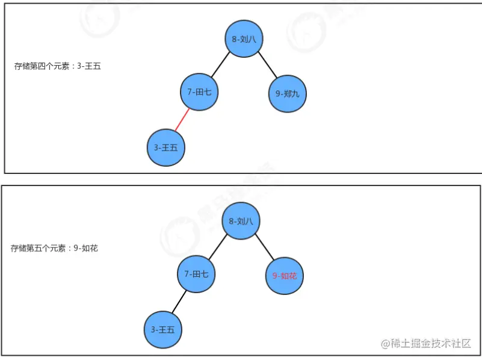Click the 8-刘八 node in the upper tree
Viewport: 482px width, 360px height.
pyautogui.click(x=244, y=39)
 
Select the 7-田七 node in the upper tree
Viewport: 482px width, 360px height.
pyautogui.click(x=199, y=92)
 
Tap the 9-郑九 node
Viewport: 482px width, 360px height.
pyautogui.click(x=287, y=93)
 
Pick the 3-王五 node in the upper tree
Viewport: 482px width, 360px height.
pyautogui.click(x=165, y=147)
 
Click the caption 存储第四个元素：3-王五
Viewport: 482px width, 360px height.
pyautogui.click(x=58, y=66)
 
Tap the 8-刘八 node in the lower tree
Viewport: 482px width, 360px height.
pyautogui.click(x=241, y=221)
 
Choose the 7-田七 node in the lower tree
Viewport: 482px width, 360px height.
pyautogui.click(x=196, y=274)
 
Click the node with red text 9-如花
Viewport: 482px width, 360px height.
pyautogui.click(x=285, y=276)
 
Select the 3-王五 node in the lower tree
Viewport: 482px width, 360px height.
pyautogui.click(x=163, y=329)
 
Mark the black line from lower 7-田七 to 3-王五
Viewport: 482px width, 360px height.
pyautogui.click(x=179, y=302)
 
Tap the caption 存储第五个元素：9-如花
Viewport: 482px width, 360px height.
pyautogui.click(x=54, y=248)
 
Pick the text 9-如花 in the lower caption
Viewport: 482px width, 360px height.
pyautogui.click(x=85, y=248)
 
